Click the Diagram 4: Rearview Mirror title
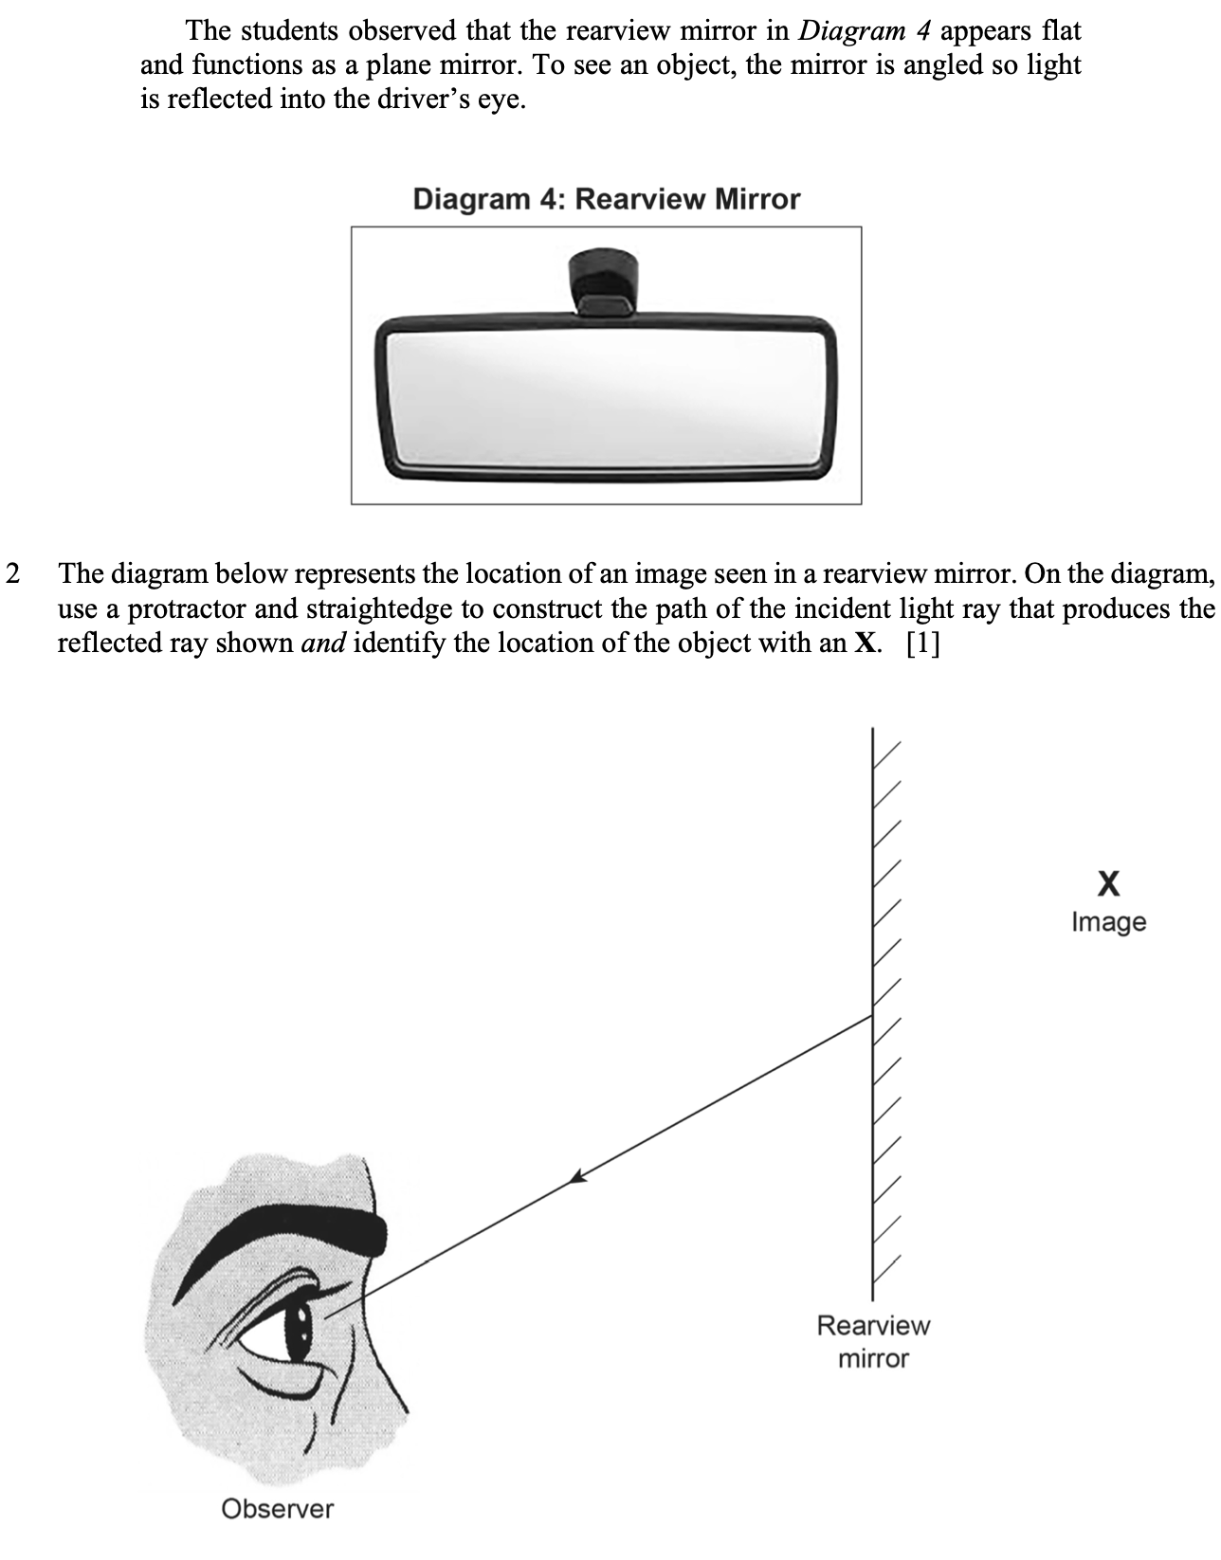point(606,199)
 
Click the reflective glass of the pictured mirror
point(607,397)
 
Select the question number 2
point(12,573)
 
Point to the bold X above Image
point(1108,883)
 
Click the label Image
point(1108,922)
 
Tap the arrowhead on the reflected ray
point(578,1176)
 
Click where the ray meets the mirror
point(872,1016)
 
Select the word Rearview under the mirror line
point(873,1325)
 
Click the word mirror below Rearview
point(873,1358)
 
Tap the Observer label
point(277,1508)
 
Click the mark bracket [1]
point(922,644)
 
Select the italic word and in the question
point(323,644)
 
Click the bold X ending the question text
point(865,644)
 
